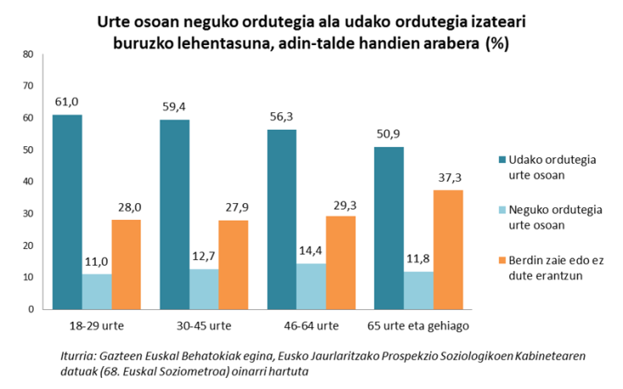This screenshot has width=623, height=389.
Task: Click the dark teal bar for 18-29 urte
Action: click(67, 211)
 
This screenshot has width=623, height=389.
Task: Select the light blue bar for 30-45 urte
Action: click(204, 289)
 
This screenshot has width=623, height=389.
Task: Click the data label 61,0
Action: click(67, 104)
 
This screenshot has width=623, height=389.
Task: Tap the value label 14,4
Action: click(311, 252)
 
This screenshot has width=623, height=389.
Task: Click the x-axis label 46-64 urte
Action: click(311, 325)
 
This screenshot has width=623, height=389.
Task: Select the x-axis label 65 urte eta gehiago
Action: click(418, 325)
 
